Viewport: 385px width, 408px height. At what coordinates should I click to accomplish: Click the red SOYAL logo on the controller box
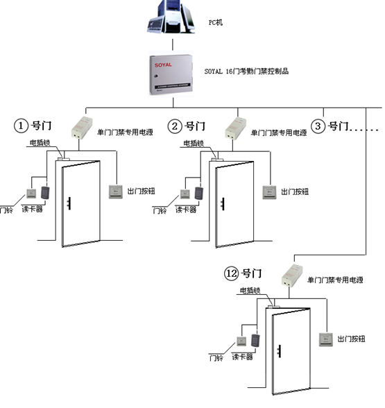163,65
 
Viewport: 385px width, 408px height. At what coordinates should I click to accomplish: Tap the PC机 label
216,22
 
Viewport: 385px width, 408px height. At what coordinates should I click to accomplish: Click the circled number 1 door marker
21,126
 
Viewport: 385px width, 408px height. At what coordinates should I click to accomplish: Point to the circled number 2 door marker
175,126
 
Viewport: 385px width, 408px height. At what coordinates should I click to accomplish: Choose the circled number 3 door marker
318,126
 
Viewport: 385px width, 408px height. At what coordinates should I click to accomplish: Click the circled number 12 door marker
231,273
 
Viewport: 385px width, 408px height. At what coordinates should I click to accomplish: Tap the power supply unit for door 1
82,128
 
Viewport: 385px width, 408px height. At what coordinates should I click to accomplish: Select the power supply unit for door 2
236,128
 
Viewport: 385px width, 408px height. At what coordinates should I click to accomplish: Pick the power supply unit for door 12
292,275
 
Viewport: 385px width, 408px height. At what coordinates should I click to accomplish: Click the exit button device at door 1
116,192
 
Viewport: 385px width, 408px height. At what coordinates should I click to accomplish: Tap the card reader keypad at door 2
199,193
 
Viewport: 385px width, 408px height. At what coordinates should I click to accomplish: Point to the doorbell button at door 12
241,341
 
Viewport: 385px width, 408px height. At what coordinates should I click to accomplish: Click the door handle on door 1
69,203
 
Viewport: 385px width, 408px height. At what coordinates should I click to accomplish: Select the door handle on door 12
279,351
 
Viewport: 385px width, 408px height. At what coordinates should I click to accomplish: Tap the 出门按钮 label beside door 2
295,192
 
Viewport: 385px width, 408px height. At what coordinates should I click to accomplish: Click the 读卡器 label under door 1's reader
32,209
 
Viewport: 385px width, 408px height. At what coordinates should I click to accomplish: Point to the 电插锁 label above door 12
250,290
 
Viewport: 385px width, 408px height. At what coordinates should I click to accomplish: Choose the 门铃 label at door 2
160,210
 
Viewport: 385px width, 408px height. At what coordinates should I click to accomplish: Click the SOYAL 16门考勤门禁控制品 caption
246,71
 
